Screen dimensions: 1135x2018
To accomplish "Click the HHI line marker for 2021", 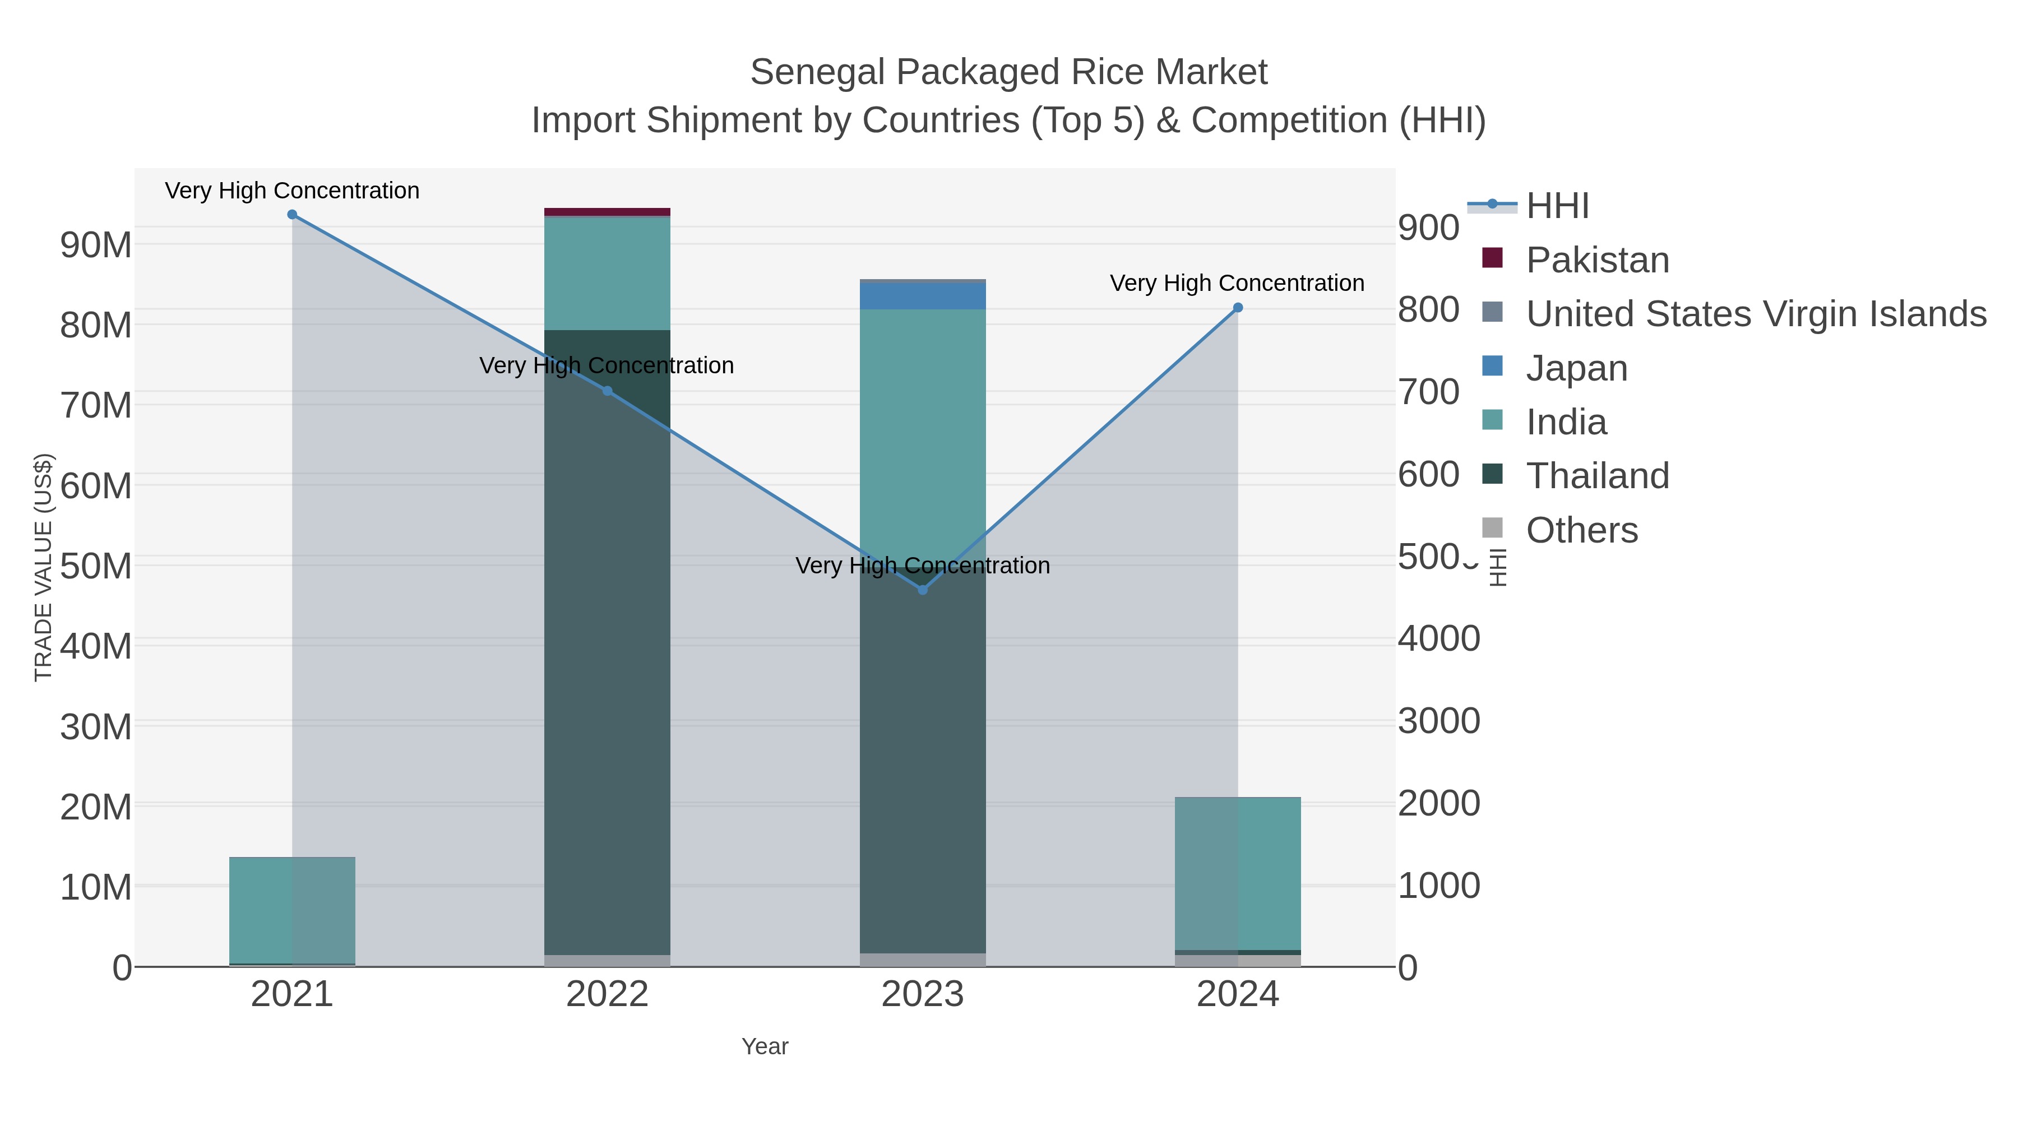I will click(x=292, y=215).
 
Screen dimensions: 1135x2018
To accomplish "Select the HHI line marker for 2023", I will click(x=922, y=590).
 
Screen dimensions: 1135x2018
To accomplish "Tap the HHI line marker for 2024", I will click(x=1238, y=308).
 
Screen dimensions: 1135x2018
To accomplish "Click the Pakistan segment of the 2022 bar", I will click(x=607, y=211).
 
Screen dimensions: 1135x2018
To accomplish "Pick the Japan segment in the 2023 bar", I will click(x=922, y=296).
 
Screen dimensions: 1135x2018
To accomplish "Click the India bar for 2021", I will click(x=292, y=910).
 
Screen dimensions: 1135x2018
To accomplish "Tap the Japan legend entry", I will click(x=1576, y=368).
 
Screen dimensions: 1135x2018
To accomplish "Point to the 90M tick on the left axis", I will click(x=95, y=245).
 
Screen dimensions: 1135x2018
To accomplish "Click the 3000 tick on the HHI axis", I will click(x=1439, y=721).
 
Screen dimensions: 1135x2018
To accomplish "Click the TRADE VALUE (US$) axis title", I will click(x=43, y=567).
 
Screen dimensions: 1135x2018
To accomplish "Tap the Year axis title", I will click(x=765, y=1046).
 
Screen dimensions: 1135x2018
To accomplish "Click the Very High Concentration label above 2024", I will click(x=1237, y=283).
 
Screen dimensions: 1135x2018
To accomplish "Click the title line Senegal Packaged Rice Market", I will click(x=1008, y=72).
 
